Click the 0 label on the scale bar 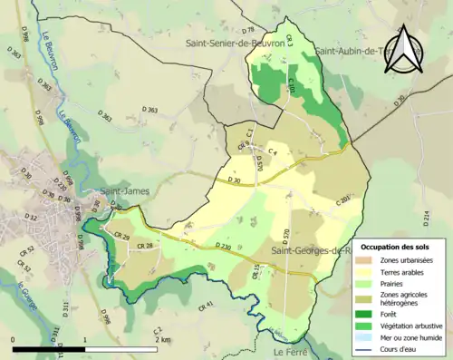(14, 340)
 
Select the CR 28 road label (143, 247)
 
